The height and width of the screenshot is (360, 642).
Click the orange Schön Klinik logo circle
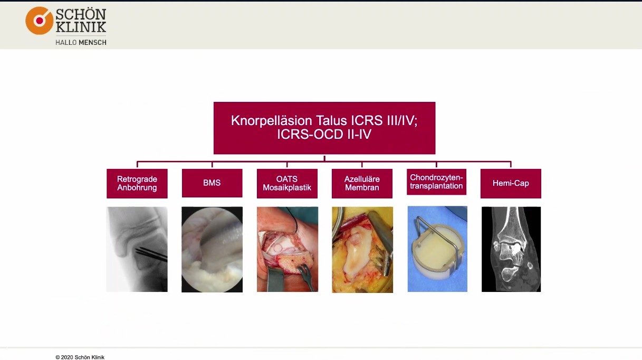click(40, 21)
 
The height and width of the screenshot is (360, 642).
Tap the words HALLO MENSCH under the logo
click(81, 42)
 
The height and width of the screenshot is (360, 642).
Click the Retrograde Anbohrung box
click(137, 183)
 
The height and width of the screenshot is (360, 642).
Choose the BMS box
click(212, 183)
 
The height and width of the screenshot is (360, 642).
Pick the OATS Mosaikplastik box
click(287, 183)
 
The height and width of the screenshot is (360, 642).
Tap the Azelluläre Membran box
click(362, 183)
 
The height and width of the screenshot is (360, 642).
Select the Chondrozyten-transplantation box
click(437, 182)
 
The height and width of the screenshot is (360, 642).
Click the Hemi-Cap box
click(511, 183)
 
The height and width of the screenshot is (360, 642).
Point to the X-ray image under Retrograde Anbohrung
click(137, 249)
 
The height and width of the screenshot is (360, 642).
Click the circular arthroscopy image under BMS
click(212, 249)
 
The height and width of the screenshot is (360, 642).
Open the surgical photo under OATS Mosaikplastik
click(287, 249)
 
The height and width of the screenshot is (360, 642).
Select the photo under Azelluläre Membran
click(362, 249)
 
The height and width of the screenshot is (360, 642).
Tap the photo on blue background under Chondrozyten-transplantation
click(437, 249)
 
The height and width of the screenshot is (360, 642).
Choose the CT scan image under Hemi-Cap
click(511, 249)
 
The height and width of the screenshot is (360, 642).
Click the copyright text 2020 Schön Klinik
click(80, 357)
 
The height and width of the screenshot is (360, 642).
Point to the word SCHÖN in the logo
click(81, 14)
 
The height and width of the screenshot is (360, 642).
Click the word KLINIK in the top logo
click(81, 27)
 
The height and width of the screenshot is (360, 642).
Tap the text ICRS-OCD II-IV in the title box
click(324, 135)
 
